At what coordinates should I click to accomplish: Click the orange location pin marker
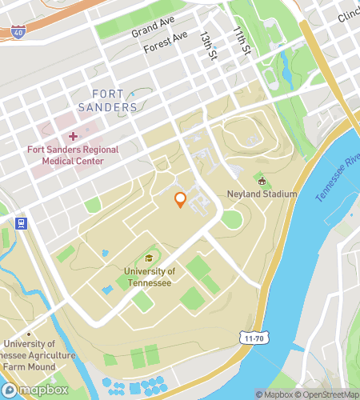(181, 199)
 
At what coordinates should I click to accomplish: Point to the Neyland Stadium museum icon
(261, 182)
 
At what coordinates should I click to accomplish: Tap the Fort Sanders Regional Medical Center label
(72, 155)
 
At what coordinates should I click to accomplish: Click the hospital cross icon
(73, 138)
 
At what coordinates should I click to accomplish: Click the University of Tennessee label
(150, 277)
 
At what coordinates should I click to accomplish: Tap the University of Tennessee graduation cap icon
(149, 259)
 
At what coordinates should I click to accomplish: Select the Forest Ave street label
(166, 43)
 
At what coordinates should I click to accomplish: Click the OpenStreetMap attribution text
(328, 394)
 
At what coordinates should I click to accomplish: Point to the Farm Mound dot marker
(29, 334)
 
